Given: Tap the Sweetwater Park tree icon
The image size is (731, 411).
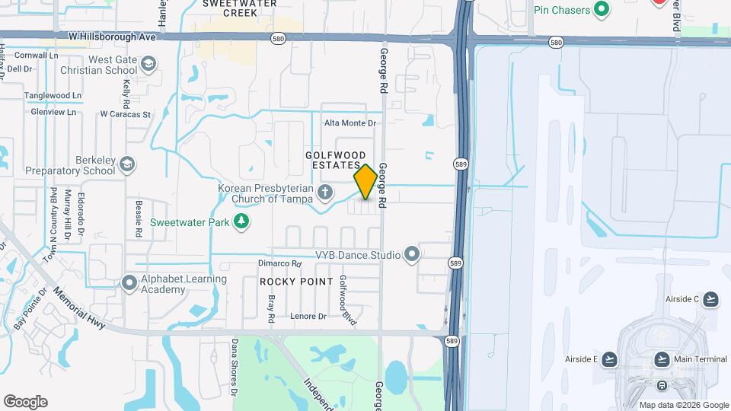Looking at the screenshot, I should pos(241,221).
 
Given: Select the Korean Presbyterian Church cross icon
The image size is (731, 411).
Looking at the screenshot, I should pos(325,192).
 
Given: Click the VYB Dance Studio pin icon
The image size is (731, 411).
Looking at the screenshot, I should pos(412,253).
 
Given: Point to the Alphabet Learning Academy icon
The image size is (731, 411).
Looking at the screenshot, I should pos(129,283).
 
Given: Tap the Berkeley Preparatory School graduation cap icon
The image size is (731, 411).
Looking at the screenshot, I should pos(127,164).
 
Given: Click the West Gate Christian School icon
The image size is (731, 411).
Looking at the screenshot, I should pos(148,64).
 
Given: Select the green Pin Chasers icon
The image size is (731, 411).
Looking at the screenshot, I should pos(602,9).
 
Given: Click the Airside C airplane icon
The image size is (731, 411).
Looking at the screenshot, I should pos(710,298).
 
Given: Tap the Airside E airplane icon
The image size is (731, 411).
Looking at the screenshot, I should pos(610,359).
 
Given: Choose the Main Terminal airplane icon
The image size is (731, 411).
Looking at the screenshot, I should pos(662,359).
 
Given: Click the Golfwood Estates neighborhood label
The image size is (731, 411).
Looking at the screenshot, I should pos(332,160).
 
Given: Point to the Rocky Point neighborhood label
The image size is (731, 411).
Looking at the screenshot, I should pos(296,282).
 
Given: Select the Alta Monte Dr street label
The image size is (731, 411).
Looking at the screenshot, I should pos(350,123).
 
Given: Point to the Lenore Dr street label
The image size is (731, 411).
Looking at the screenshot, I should pos(308,316).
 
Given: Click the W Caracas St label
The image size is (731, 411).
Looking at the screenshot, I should pos(126,114).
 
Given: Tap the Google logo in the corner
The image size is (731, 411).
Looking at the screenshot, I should pos(25,402).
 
